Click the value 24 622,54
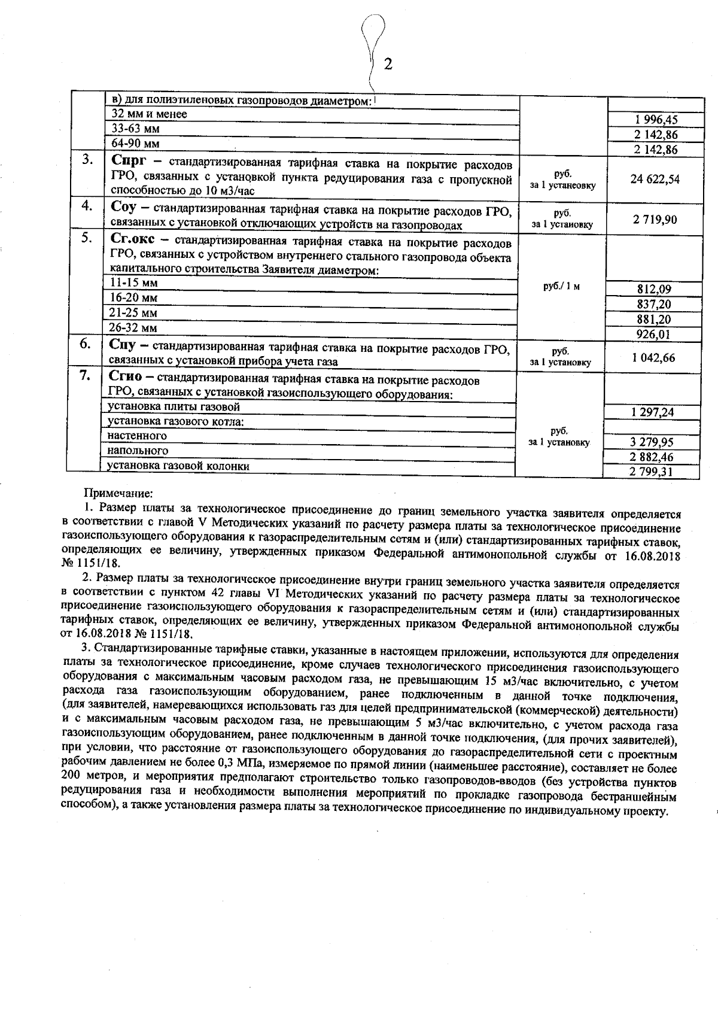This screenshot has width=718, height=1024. click(655, 178)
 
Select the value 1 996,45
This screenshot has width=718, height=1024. click(654, 120)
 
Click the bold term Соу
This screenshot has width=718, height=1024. click(126, 207)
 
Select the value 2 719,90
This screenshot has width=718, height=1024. click(655, 220)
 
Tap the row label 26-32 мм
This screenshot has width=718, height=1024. click(135, 327)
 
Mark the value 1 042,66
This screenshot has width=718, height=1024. click(653, 358)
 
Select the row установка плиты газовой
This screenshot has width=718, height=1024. click(174, 407)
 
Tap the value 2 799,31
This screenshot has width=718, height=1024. click(653, 472)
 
